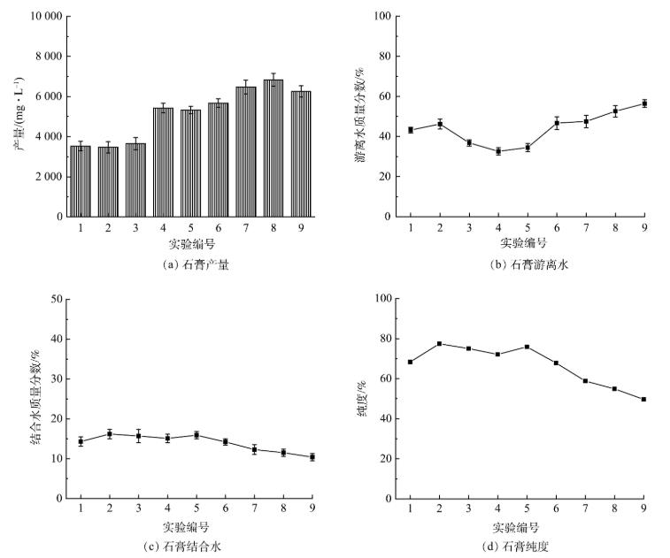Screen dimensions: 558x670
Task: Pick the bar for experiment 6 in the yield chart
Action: pyautogui.click(x=219, y=160)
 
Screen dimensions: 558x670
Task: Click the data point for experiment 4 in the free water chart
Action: pyautogui.click(x=497, y=151)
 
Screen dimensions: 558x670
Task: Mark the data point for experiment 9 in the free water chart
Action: pyautogui.click(x=644, y=103)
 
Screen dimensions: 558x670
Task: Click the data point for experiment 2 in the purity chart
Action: pyautogui.click(x=440, y=344)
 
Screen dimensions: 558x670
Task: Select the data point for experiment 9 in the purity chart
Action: pyautogui.click(x=644, y=399)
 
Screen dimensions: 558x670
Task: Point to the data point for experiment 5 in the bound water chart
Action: pyautogui.click(x=196, y=435)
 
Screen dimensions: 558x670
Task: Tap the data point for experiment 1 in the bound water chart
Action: pyautogui.click(x=81, y=440)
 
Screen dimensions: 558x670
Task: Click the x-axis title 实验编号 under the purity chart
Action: pyautogui.click(x=528, y=527)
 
